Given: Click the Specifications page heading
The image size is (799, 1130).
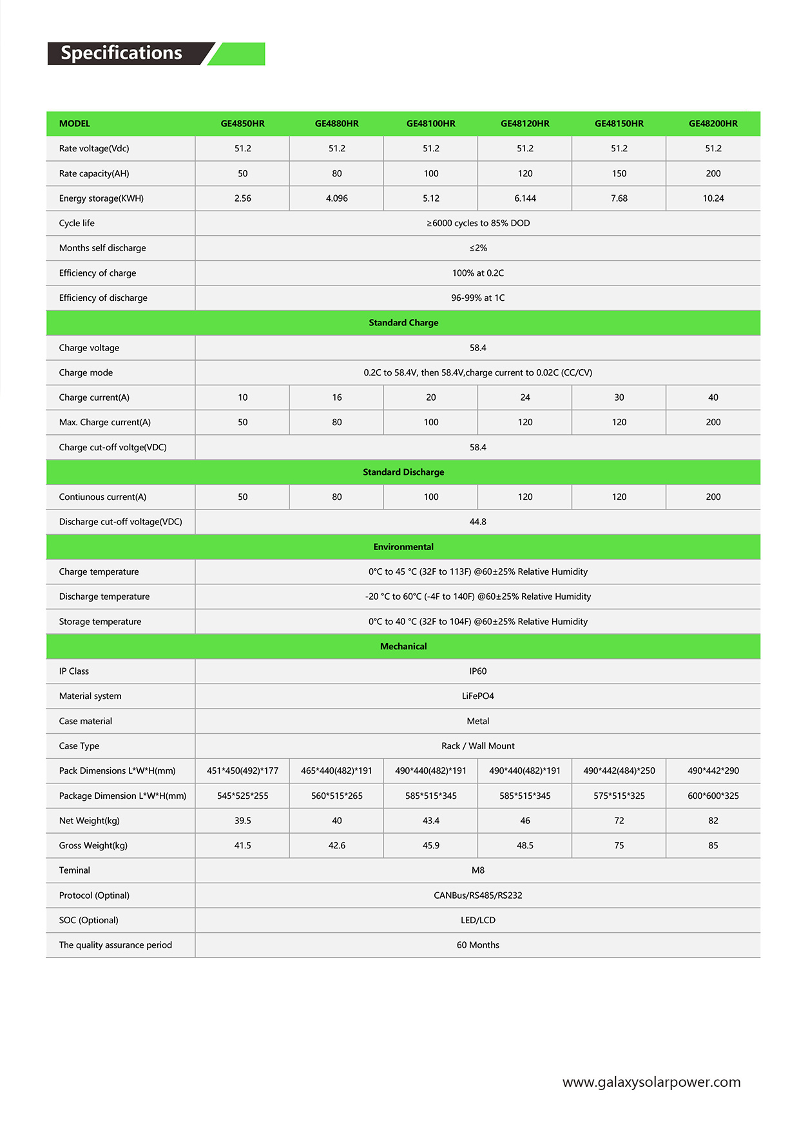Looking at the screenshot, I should tap(121, 53).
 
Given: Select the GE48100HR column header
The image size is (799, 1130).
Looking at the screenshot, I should tap(430, 124).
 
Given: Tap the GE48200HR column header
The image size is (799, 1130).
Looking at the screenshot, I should tap(713, 124).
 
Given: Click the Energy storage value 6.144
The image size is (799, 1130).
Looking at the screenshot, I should tap(525, 198).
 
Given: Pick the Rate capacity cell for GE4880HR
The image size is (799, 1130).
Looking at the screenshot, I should tap(336, 173).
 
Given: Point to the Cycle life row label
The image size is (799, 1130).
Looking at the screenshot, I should tap(77, 224).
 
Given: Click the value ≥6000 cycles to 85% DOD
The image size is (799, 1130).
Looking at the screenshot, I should tap(477, 224).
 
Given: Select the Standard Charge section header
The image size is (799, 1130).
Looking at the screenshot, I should tap(403, 323).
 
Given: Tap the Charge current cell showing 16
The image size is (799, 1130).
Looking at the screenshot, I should tap(336, 397).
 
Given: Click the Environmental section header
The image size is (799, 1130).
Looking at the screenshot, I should tap(403, 547).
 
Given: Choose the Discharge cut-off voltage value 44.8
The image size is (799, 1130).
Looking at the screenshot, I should tap(477, 522).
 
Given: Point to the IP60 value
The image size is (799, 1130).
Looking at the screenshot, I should tap(477, 671).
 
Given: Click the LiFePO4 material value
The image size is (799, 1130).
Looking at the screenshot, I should tap(477, 696).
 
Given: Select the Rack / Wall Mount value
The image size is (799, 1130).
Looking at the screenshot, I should tap(477, 746).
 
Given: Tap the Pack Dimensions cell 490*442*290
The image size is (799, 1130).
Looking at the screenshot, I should tap(713, 771).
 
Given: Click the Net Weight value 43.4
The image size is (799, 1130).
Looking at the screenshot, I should tap(430, 821).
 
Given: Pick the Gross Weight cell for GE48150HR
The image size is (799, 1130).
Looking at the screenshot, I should tap(619, 846).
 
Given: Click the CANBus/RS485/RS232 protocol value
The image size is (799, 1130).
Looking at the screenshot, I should tap(477, 895).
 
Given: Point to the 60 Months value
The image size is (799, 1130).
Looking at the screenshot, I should tap(477, 945).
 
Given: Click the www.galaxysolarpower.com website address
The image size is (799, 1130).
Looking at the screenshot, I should tap(651, 1082).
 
